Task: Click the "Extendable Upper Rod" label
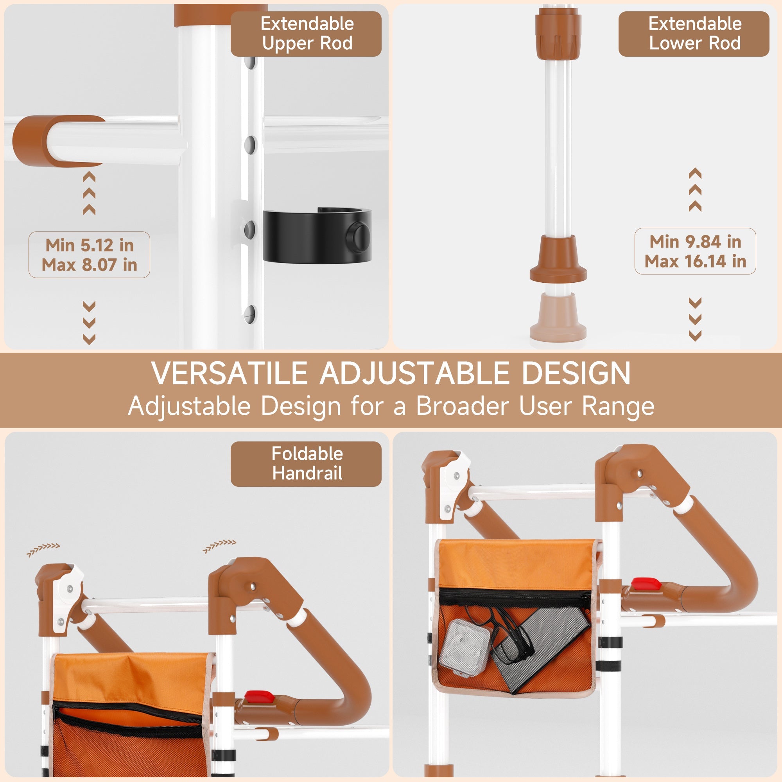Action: pos(307,34)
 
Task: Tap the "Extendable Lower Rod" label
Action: pos(694,34)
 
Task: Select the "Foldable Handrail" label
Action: pos(307,463)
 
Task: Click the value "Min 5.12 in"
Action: pos(90,245)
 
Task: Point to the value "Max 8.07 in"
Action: pos(90,265)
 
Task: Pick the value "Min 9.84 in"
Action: pos(695,242)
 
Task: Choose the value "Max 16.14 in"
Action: pos(695,262)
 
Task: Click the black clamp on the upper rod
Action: pos(317,235)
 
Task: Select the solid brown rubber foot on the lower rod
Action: pos(558,259)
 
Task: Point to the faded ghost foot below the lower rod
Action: pos(558,317)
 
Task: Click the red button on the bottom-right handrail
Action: pos(646,584)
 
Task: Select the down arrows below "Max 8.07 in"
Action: pos(89,323)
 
